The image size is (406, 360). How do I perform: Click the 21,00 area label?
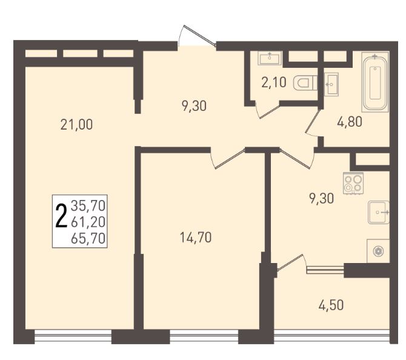pyautogui.click(x=76, y=125)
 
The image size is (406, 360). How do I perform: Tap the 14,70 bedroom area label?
pyautogui.click(x=196, y=238)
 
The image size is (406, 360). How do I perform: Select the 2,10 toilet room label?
pyautogui.click(x=274, y=82)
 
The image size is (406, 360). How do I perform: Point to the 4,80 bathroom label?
pyautogui.click(x=350, y=121)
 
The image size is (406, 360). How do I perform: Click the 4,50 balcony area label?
pyautogui.click(x=331, y=305)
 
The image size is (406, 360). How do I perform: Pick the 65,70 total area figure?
pyautogui.click(x=88, y=238)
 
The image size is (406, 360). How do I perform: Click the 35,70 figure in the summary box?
pyautogui.click(x=88, y=206)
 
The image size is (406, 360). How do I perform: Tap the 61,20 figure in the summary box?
pyautogui.click(x=88, y=222)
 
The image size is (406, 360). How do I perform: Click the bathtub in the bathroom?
pyautogui.click(x=375, y=82)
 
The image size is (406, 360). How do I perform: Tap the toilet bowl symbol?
pyautogui.click(x=305, y=83)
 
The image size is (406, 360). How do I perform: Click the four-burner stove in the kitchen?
pyautogui.click(x=353, y=183)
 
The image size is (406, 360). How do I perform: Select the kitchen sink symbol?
pyautogui.click(x=379, y=212)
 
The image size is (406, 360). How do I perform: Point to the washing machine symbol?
pyautogui.click(x=378, y=251)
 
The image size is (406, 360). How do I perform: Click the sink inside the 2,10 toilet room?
pyautogui.click(x=270, y=58)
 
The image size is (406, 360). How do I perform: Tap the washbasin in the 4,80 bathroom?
pyautogui.click(x=331, y=84)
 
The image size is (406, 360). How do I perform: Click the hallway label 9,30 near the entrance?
pyautogui.click(x=194, y=106)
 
